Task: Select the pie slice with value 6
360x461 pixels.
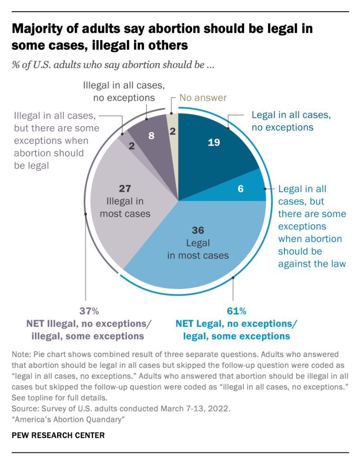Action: coord(241,188)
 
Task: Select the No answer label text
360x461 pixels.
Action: coord(203,97)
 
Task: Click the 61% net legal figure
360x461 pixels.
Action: coord(236,311)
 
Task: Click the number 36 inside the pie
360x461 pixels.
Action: coord(198,230)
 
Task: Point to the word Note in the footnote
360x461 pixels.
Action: coord(21,354)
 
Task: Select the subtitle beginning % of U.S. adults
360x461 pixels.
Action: coord(112,64)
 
